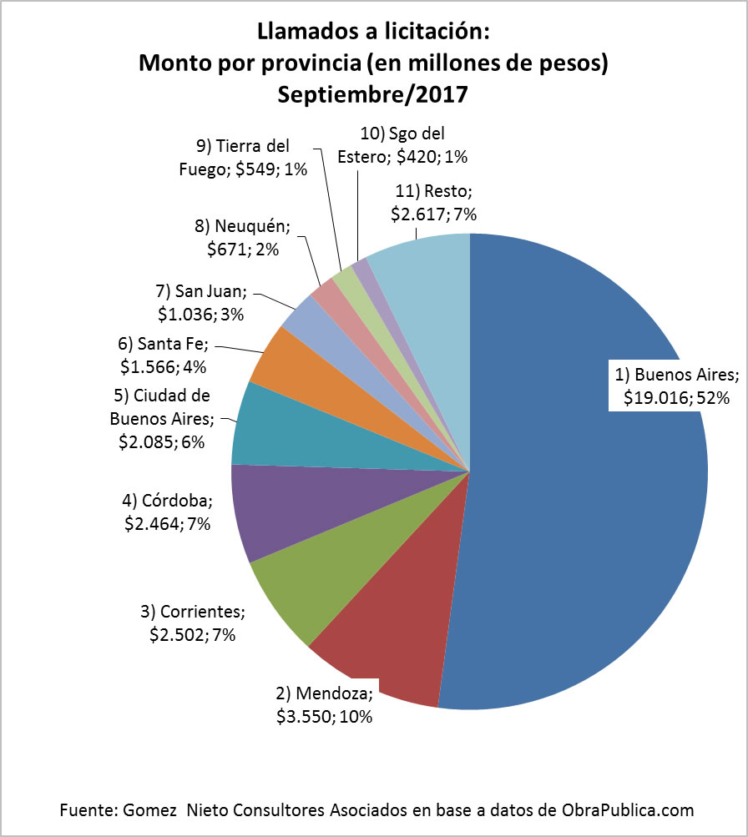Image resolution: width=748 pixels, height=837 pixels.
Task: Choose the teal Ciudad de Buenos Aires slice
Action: point(275,430)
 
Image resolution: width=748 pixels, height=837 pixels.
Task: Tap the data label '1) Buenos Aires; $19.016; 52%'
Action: point(676,386)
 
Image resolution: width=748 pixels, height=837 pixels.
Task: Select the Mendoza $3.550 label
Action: point(324,704)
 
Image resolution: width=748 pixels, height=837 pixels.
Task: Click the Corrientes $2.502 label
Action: point(193,623)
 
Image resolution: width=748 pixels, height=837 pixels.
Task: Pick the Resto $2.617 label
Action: point(433,202)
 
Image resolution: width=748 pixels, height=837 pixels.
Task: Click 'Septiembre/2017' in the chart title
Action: point(373,94)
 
